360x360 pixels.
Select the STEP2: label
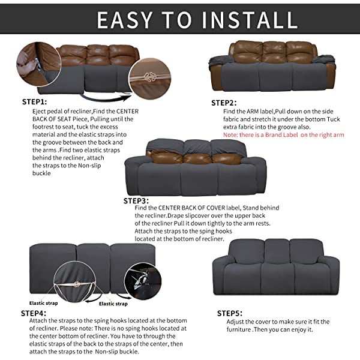click(224, 103)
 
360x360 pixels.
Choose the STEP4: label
click(34, 313)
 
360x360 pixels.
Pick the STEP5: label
click(230, 313)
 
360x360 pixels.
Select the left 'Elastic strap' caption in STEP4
click(44, 304)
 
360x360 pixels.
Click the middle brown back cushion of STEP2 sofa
click(266, 53)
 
